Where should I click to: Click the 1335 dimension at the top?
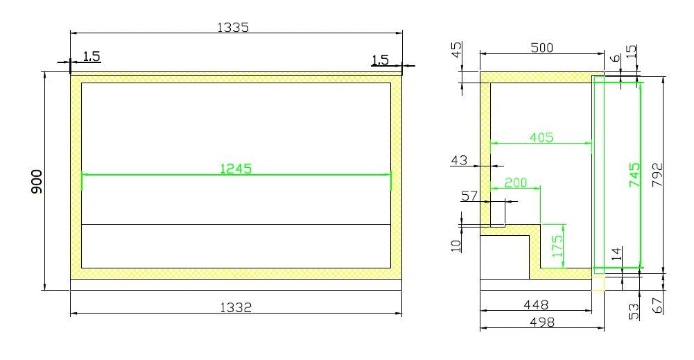[233, 28]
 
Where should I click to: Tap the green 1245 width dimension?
[236, 168]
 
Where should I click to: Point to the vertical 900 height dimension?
[37, 181]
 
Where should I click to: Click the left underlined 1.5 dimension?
[92, 56]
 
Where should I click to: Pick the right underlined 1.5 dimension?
[380, 60]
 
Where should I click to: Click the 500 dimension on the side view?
[542, 47]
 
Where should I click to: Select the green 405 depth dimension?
[541, 137]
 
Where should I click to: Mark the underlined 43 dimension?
[459, 160]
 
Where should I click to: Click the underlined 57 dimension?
[469, 196]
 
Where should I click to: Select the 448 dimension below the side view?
[536, 304]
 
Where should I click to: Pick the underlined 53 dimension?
[634, 311]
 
